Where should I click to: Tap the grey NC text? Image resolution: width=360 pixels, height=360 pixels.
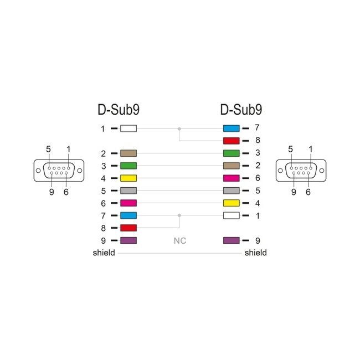[180, 241]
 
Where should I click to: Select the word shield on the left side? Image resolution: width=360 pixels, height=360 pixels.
[104, 253]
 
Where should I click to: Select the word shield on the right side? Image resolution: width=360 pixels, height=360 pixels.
[255, 253]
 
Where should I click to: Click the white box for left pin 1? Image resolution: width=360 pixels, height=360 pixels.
[128, 128]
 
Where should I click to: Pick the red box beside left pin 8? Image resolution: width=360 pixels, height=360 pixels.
[128, 228]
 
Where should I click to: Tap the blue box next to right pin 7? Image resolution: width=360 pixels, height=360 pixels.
[230, 128]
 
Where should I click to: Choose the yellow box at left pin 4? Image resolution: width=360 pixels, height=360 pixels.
[128, 178]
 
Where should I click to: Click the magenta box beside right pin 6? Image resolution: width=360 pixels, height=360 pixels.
[230, 178]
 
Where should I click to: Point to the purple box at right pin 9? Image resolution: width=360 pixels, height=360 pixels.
[230, 241]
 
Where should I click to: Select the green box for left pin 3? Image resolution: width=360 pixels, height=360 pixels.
[128, 166]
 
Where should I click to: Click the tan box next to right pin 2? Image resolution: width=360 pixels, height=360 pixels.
[230, 166]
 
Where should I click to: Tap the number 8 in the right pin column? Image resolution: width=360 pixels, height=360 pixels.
[257, 141]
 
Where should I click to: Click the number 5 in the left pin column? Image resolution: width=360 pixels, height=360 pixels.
[104, 191]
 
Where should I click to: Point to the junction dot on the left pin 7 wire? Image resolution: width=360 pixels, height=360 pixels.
[179, 215]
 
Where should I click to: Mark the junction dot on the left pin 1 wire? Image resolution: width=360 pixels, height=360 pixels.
[179, 128]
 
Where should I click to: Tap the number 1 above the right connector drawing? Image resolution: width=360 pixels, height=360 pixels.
[310, 149]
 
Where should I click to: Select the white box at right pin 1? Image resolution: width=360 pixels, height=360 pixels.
[230, 215]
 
